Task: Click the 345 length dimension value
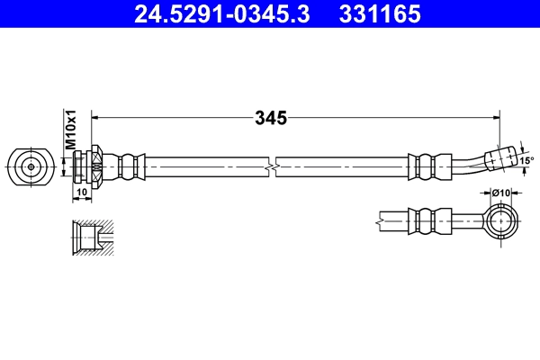[270, 117]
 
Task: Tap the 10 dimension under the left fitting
[81, 192]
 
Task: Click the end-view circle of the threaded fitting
[31, 166]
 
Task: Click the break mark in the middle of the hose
[271, 166]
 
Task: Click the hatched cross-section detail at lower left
[94, 238]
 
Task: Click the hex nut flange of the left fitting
[96, 166]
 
